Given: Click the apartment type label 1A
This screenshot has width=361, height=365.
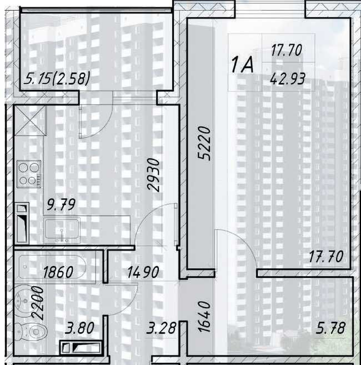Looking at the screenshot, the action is pos(242,65).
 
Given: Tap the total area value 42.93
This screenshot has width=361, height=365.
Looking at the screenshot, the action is pos(288,79).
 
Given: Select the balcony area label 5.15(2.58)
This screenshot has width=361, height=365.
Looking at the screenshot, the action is pos(57,78).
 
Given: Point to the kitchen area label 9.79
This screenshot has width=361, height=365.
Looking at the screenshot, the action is pos(61,204).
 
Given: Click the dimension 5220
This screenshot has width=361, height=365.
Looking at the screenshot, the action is pos(204,143).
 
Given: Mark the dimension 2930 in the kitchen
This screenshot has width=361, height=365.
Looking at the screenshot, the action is pos(154,175).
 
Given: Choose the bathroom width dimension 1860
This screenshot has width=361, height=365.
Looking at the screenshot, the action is pos(58,272).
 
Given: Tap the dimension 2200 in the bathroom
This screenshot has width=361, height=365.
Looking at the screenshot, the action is pos(37,302).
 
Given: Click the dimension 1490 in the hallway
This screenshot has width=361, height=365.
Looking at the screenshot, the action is pos(143,272).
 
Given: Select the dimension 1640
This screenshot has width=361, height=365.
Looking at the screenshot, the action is pos(204,316).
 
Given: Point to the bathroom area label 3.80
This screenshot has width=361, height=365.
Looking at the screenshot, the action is pos(79,328).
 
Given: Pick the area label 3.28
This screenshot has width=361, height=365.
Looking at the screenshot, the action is pos(161,328).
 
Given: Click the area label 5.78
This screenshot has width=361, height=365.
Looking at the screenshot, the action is pos(330,328).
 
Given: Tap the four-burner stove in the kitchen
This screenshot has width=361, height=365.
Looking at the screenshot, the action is pos(29,174).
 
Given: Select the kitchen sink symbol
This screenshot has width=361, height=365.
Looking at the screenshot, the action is pos(62,231).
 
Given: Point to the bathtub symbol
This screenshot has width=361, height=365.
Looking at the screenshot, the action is pos(52,267).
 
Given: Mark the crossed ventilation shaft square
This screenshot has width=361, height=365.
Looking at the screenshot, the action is pos(31,121).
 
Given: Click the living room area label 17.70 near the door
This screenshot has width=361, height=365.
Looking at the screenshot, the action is pos(326,256).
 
